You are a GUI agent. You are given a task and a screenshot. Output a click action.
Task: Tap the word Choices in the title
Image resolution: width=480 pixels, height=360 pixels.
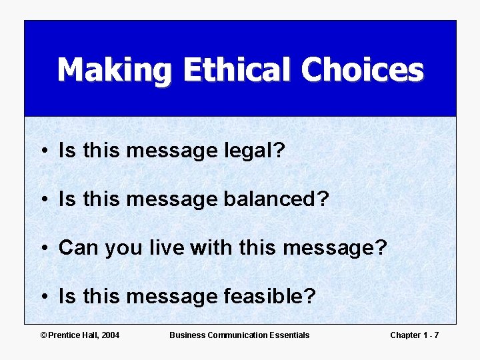tap(362, 69)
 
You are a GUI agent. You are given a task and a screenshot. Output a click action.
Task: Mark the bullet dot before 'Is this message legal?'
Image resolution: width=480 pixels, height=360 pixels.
tap(43, 151)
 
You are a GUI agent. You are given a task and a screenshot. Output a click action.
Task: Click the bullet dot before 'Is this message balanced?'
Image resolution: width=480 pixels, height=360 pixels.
tap(43, 200)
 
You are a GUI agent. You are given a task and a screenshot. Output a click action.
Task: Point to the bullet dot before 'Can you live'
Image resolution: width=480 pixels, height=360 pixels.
tap(43, 249)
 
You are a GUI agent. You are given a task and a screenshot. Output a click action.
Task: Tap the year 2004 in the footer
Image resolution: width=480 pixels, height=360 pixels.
tap(110, 335)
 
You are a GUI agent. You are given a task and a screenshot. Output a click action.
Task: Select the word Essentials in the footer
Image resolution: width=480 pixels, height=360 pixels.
tap(288, 335)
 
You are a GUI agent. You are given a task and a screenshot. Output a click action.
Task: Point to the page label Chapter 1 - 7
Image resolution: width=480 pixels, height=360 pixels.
tap(414, 335)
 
